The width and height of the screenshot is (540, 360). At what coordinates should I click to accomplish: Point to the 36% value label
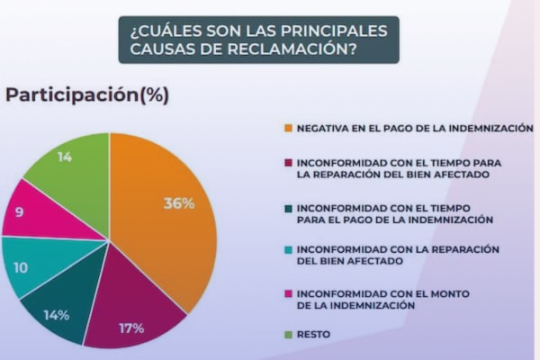click(178, 203)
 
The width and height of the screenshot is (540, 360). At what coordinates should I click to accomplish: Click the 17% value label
click(131, 328)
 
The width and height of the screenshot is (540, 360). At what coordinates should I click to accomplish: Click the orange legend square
click(288, 129)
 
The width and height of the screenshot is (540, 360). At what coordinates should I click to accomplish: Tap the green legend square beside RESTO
click(288, 334)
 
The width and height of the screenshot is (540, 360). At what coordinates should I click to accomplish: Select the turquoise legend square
click(288, 249)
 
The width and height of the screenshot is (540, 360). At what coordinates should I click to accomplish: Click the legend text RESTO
click(313, 334)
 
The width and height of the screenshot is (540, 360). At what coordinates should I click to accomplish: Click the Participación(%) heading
click(87, 94)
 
